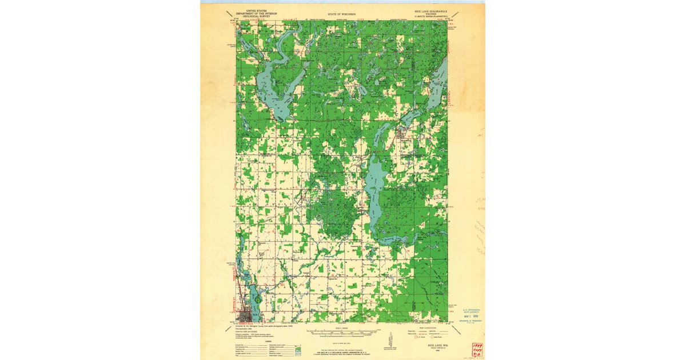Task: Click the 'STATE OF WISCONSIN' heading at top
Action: tap(342, 13)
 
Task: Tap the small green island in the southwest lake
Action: tap(258, 298)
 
